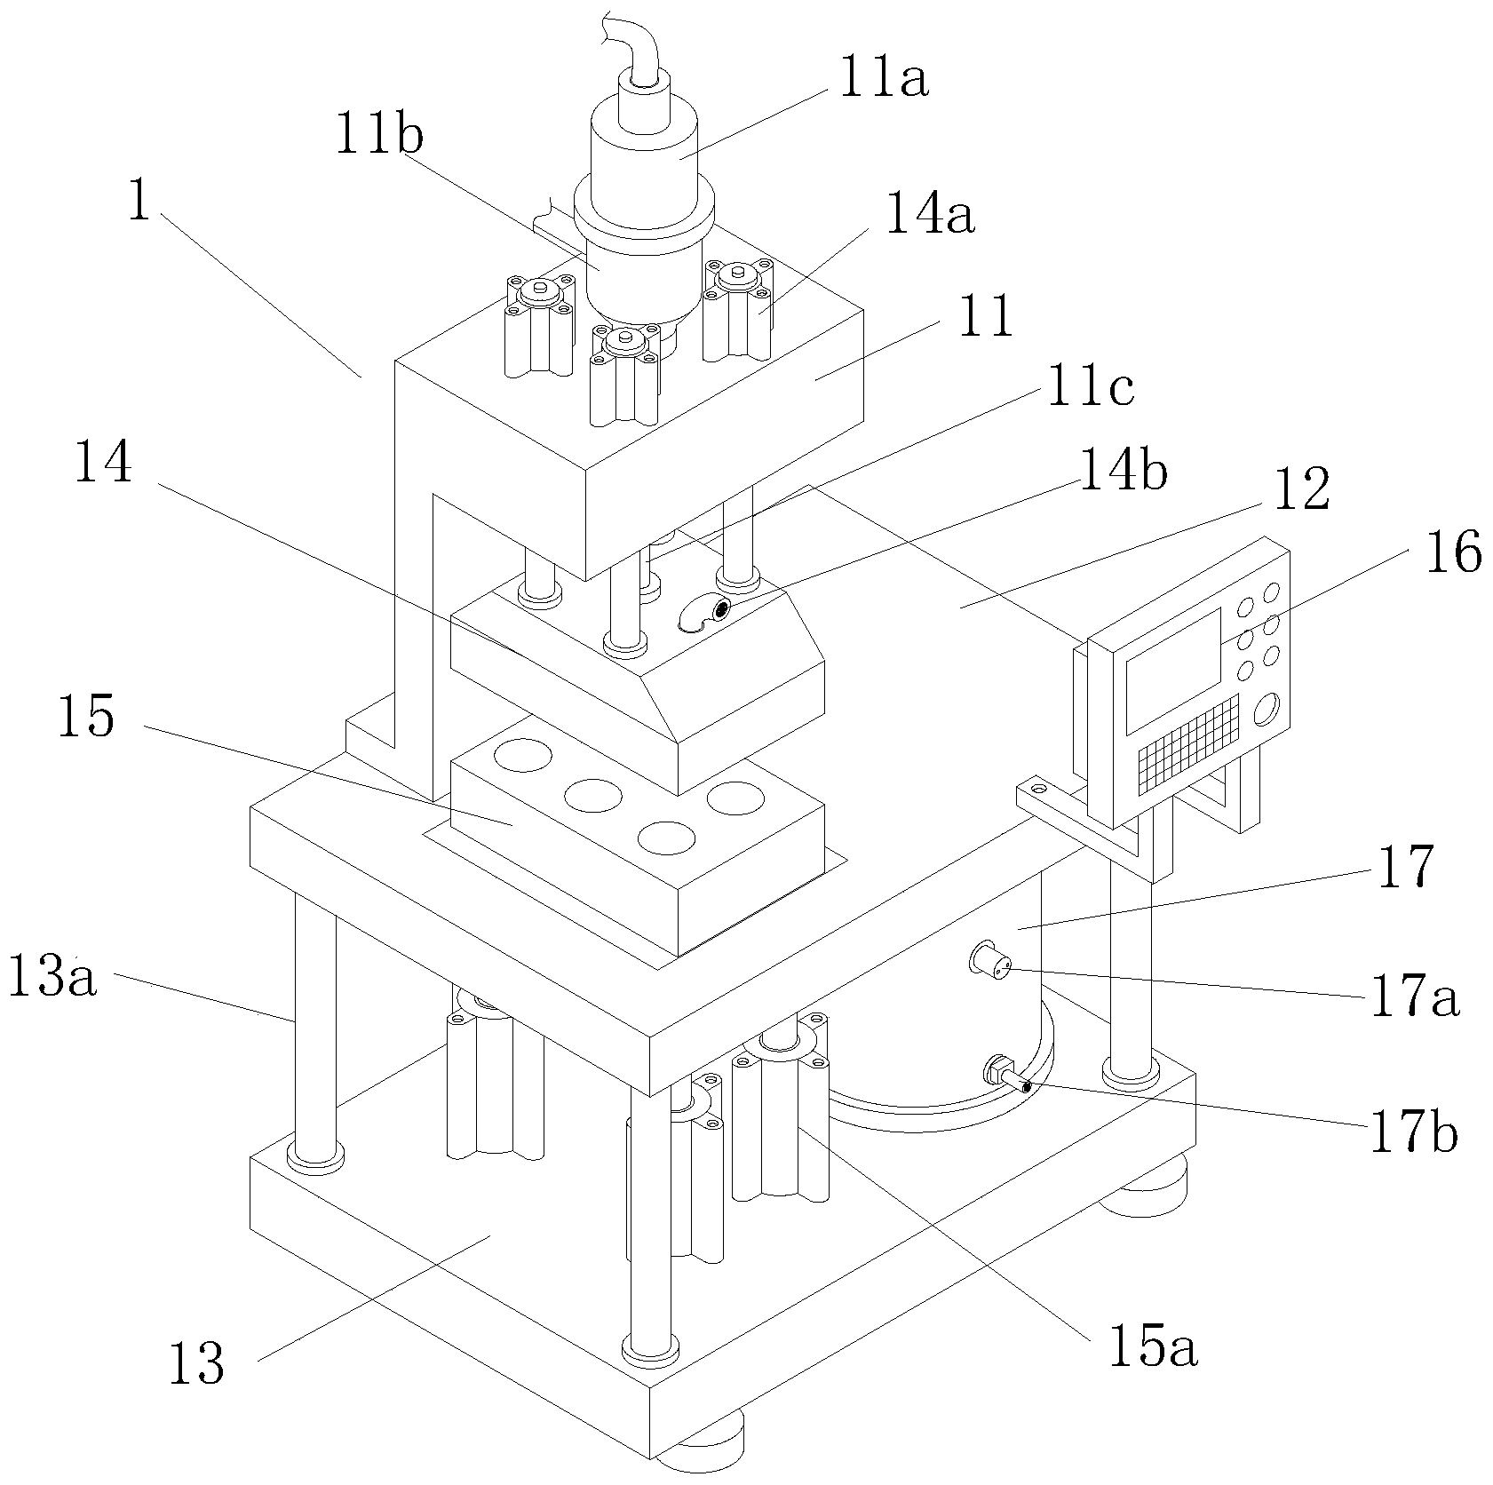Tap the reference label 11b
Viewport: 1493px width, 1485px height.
379,138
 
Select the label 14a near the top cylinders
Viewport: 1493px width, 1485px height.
929,216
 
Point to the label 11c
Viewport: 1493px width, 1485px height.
1090,388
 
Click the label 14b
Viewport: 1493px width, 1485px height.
1124,471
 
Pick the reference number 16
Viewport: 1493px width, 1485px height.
1453,552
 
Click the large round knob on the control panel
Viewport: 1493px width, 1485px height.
1267,710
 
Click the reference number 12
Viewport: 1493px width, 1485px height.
1301,490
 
